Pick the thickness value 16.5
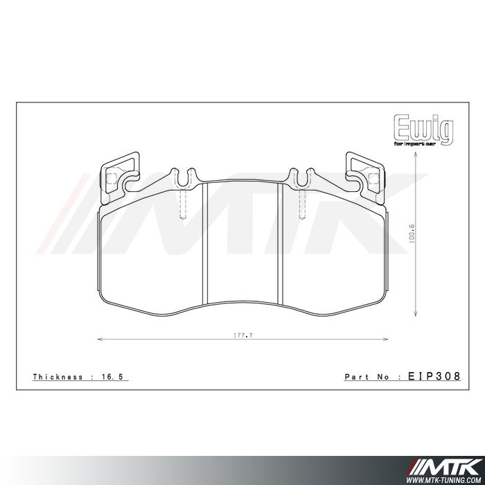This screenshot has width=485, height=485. [x=116, y=377]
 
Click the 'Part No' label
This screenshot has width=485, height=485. [x=367, y=377]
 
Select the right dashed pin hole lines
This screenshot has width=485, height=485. [x=301, y=204]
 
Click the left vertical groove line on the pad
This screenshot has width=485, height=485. [x=206, y=242]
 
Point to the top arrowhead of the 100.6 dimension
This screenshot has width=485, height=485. [x=414, y=157]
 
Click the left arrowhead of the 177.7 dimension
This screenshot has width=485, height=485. [x=98, y=339]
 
